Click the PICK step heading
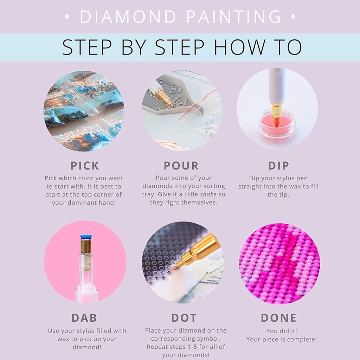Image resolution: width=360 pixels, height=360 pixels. click(x=85, y=166)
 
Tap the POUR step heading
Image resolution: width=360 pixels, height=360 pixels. click(x=181, y=166)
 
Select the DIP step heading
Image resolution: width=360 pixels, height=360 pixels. click(x=278, y=166)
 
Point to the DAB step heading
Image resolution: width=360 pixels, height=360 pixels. click(x=84, y=318)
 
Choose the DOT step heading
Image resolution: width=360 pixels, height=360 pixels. click(x=184, y=318)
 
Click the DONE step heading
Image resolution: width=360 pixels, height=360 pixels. click(x=279, y=318)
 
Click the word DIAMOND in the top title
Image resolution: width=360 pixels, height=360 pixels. click(x=128, y=17)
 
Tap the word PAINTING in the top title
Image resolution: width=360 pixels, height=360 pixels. click(x=233, y=17)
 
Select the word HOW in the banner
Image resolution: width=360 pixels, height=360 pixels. click(x=238, y=47)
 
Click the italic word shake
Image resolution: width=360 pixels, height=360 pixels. click(x=208, y=194)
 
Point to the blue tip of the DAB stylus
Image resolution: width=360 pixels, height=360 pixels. click(x=86, y=237)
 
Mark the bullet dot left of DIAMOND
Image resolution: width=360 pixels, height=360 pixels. click(x=67, y=17)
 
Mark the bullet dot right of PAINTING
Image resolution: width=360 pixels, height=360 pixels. click(x=293, y=17)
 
